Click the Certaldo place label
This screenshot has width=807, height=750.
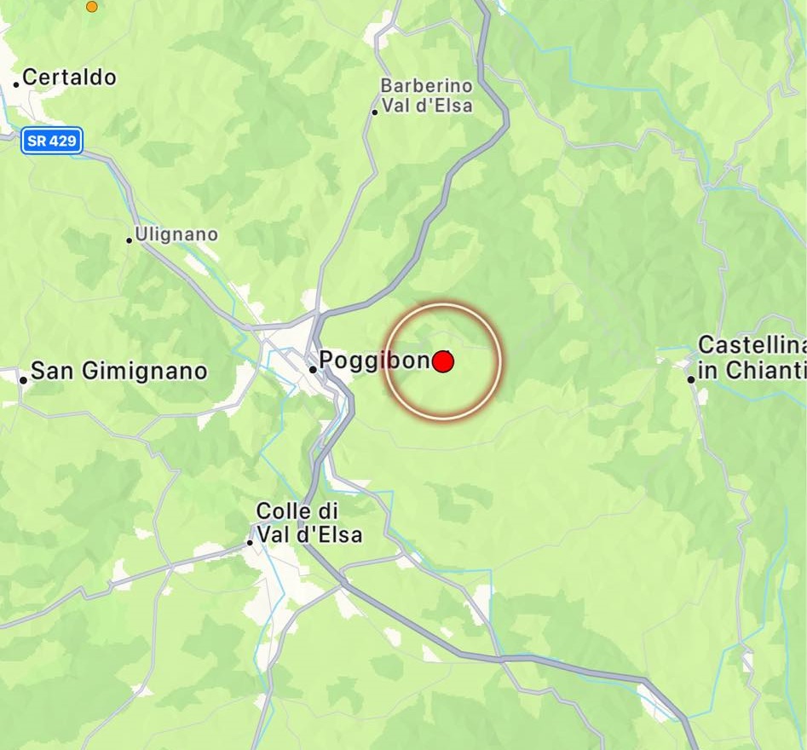[x=69, y=78]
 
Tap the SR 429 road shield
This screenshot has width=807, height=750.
[x=51, y=141]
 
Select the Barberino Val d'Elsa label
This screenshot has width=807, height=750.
[x=426, y=96]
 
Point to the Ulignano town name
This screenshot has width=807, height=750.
[x=177, y=234]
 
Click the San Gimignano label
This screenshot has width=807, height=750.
[x=118, y=372]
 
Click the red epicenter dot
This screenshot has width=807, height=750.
[x=442, y=362]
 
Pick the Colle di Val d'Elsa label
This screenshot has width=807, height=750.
[x=308, y=523]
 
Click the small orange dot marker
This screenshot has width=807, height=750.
[x=92, y=7]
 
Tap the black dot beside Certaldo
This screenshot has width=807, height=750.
[x=16, y=84]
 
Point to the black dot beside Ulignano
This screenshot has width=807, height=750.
[x=130, y=240]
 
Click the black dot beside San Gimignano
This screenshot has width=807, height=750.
[x=24, y=379]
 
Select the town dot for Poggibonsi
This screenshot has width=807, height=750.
[x=313, y=369]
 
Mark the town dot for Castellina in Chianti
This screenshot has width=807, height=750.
[x=691, y=379]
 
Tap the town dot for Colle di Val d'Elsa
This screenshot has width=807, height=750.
[x=250, y=542]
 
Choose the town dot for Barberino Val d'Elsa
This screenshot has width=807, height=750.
[x=374, y=112]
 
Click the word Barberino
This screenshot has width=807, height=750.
[x=426, y=86]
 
